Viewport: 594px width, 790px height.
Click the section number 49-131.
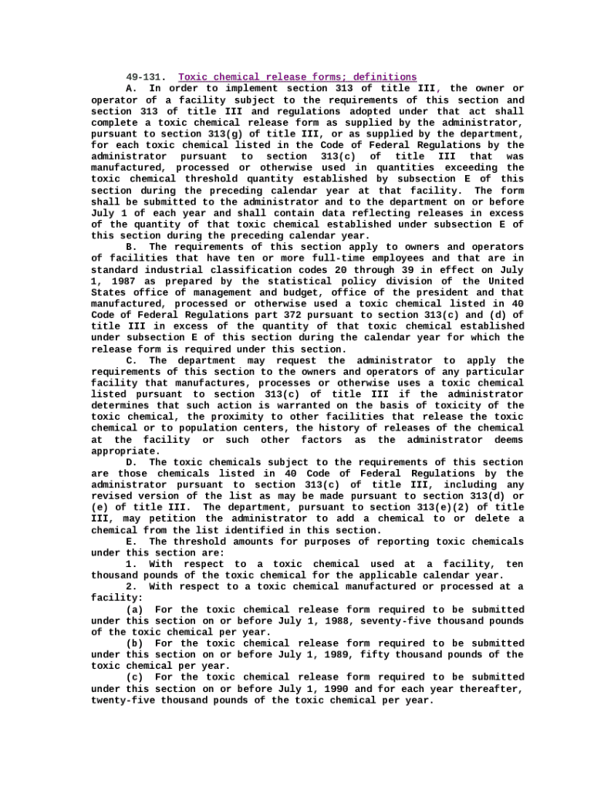(146, 77)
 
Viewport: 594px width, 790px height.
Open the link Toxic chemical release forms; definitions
(297, 77)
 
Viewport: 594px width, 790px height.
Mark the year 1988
(313, 620)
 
